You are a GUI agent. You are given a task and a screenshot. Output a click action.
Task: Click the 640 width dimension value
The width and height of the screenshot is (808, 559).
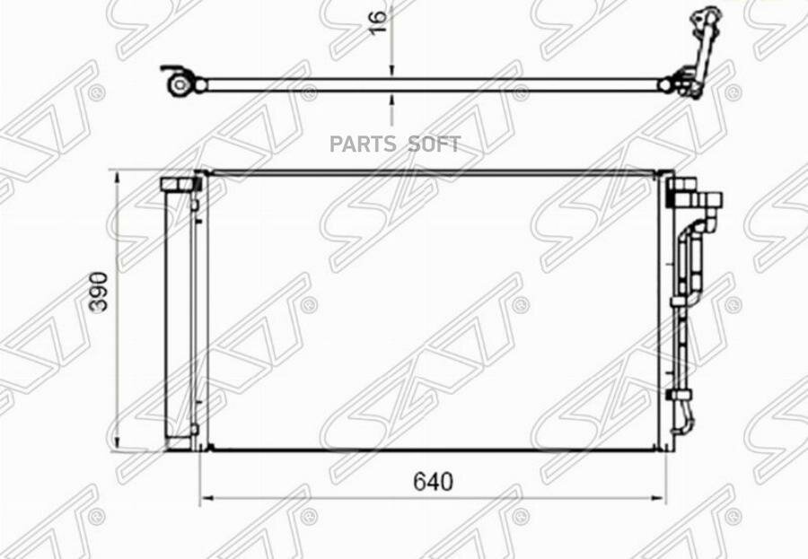(433, 482)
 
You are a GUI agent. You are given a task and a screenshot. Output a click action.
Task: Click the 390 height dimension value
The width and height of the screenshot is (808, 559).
(99, 292)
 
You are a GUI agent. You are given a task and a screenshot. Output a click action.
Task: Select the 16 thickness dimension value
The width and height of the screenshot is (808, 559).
(378, 22)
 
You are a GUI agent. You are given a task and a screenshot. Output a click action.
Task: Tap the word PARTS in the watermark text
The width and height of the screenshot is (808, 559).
(363, 144)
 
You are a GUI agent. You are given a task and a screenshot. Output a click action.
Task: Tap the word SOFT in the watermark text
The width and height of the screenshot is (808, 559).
(434, 144)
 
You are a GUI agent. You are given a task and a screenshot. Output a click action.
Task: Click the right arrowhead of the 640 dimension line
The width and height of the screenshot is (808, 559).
(659, 498)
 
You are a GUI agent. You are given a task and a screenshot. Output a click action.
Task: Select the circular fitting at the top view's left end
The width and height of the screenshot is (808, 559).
(180, 85)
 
